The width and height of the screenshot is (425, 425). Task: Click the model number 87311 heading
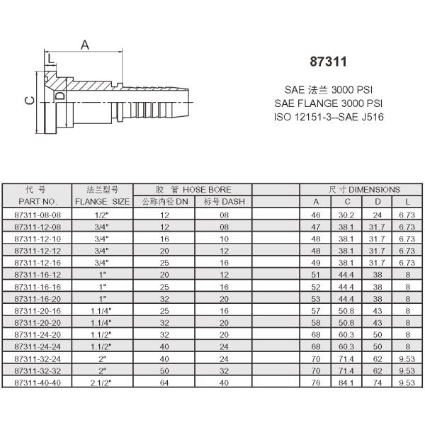329,62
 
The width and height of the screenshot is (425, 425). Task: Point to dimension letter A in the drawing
84,45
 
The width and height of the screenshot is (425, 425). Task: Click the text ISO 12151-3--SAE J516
329,116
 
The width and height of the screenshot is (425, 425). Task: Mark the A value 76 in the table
316,382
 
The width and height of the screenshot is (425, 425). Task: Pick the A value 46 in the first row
316,215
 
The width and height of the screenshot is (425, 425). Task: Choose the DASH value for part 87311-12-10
224,239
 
